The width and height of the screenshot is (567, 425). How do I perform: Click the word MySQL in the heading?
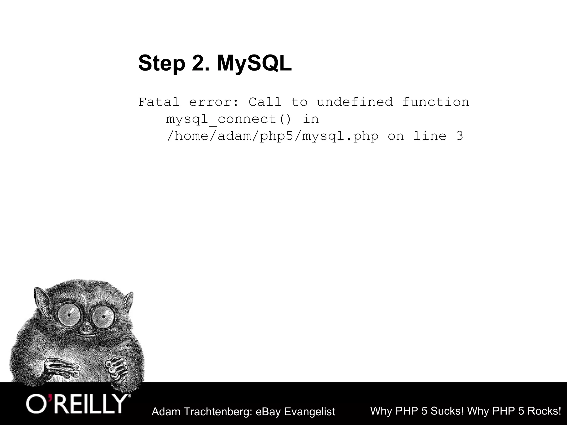tap(254, 63)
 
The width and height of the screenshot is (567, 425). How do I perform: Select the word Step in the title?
tap(161, 63)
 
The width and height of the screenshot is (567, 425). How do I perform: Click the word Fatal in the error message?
tap(159, 102)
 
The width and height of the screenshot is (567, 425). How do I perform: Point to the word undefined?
tap(355, 102)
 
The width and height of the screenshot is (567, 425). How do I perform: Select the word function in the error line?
tap(435, 102)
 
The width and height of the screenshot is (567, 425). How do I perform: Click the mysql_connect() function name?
tap(229, 119)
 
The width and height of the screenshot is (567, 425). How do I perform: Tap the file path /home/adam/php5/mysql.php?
tap(272, 136)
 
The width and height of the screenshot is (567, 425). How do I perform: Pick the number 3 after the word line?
tap(459, 136)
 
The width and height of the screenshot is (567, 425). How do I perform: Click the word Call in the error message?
tap(265, 102)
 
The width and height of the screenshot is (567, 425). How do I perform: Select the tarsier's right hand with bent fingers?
tap(116, 367)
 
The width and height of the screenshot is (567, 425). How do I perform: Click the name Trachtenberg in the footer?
tap(217, 412)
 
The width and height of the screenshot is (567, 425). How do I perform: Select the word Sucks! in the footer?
tap(447, 411)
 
